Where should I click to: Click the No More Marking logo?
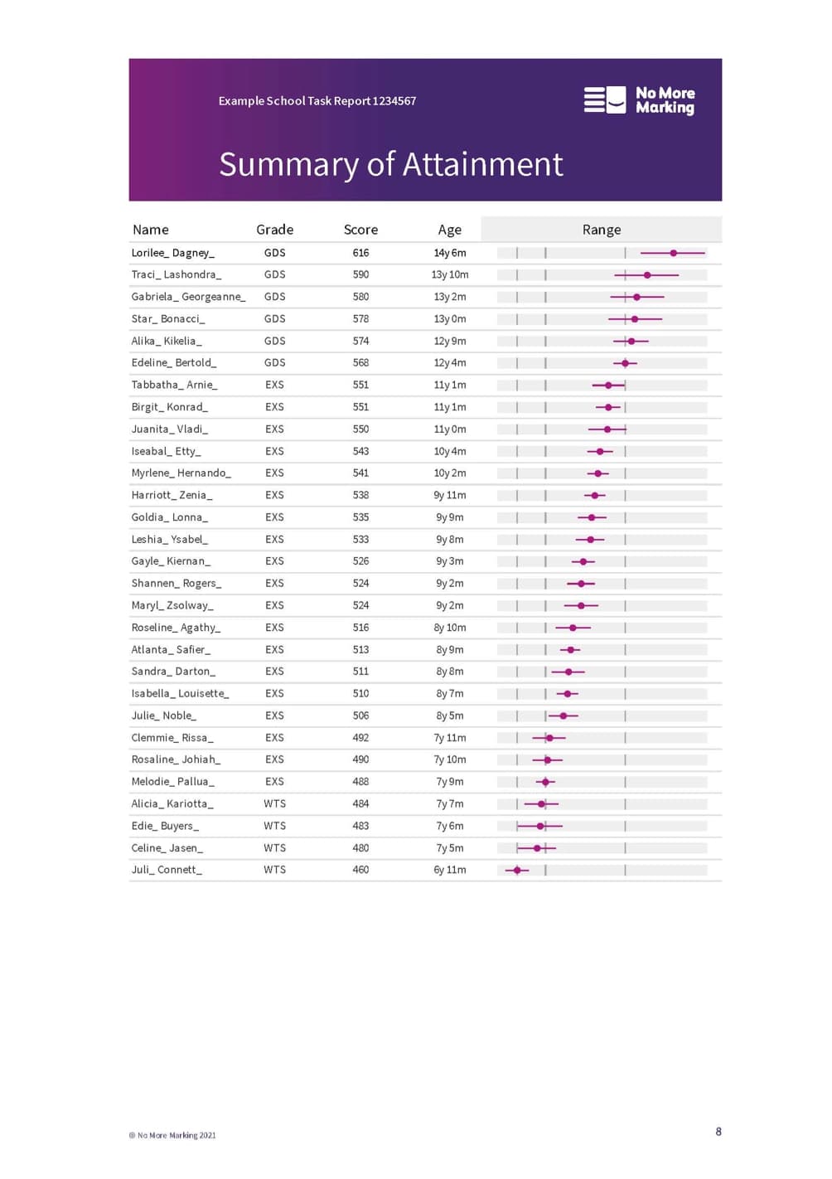[639, 100]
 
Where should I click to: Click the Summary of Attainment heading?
[390, 164]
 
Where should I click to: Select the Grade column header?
[274, 230]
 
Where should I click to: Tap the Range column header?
[601, 230]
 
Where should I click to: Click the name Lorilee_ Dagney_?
[172, 253]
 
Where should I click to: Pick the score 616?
[360, 253]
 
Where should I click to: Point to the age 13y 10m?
[450, 274]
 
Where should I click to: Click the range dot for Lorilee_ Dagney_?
[674, 253]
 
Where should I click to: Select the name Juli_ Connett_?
[167, 870]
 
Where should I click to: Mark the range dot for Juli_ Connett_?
[518, 870]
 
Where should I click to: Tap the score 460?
[360, 870]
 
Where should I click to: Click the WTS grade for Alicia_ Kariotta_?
[274, 803]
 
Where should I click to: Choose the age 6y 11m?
[450, 870]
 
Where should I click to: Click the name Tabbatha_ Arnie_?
[174, 385]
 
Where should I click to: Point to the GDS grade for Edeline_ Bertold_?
[274, 363]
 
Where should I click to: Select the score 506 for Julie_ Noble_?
[360, 716]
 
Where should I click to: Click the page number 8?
[718, 1132]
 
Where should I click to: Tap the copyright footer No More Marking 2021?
[172, 1135]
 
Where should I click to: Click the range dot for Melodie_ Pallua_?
[545, 782]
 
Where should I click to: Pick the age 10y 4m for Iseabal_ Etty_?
[450, 451]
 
